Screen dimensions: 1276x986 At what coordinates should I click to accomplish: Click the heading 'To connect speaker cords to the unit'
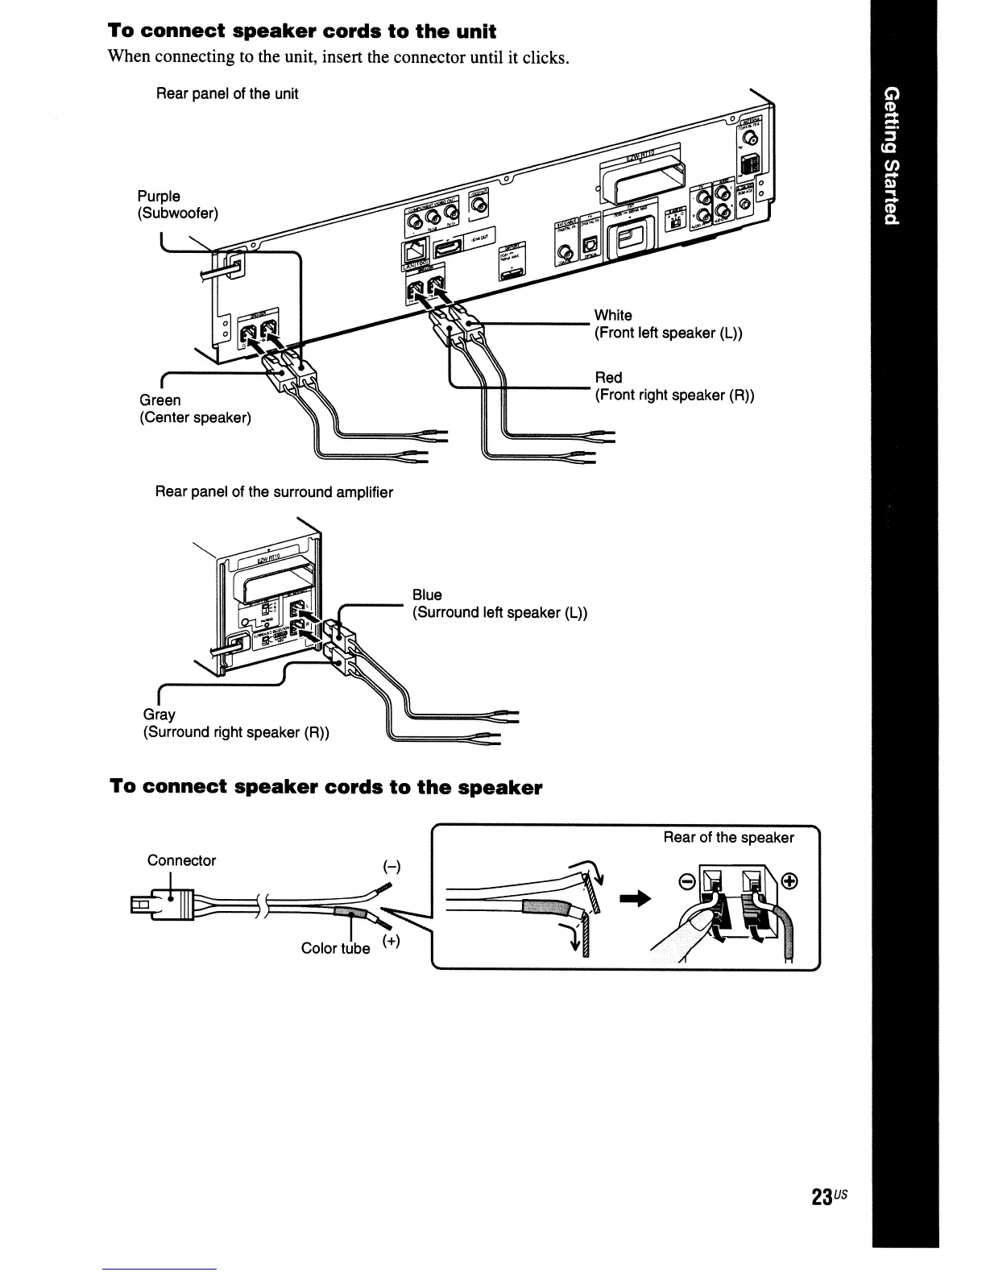click(302, 31)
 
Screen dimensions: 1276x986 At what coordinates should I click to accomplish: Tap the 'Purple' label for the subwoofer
click(159, 197)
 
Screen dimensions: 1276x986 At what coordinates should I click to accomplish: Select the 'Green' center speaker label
click(160, 400)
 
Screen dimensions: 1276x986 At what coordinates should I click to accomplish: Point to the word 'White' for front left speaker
click(613, 315)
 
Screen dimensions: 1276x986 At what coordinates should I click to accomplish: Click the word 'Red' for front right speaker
click(608, 378)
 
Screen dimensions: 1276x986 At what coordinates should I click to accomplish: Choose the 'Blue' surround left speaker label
click(427, 594)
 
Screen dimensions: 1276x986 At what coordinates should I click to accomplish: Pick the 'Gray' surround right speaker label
click(159, 715)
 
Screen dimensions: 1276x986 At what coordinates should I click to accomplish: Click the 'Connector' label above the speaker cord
click(181, 860)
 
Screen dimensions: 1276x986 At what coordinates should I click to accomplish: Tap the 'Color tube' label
click(335, 948)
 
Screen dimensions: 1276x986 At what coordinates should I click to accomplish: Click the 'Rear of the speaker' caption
click(728, 838)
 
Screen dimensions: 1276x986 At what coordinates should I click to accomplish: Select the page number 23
click(822, 1197)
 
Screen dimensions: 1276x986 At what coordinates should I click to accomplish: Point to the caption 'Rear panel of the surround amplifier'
click(274, 491)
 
